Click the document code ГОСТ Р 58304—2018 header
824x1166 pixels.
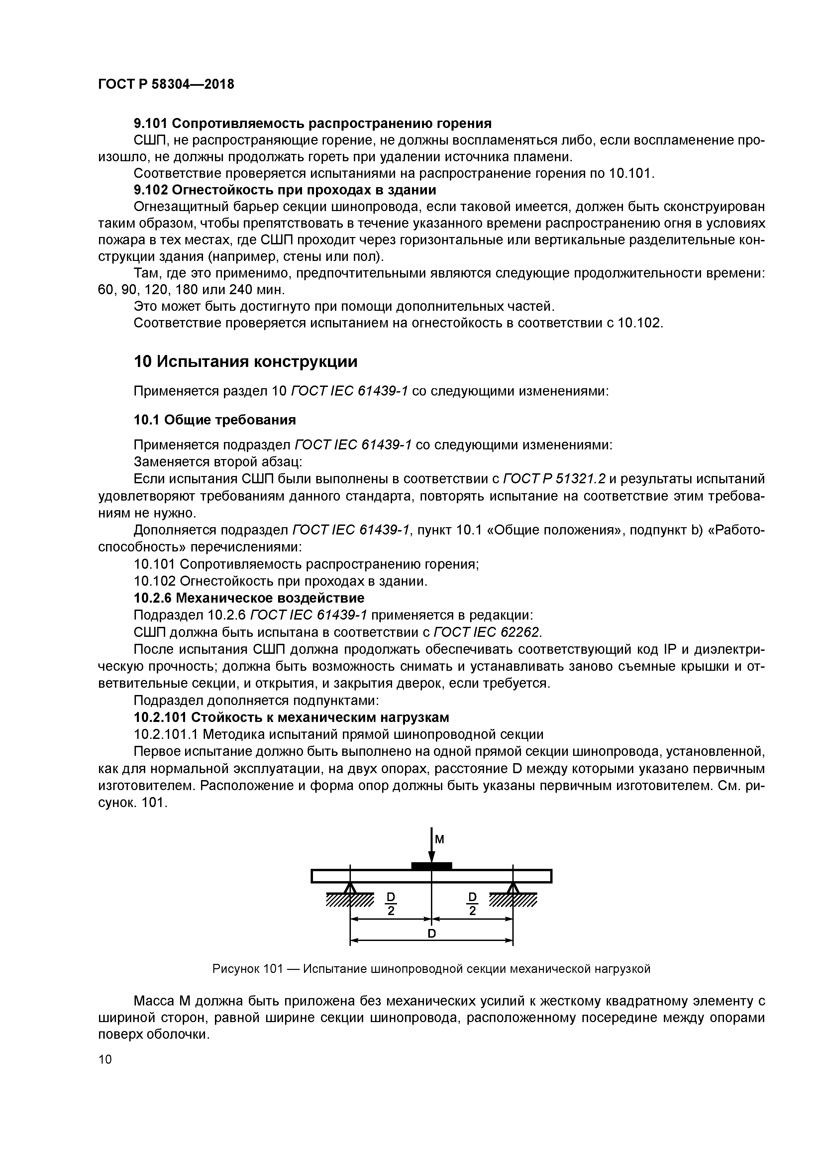[166, 84]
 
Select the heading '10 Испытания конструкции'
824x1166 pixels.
[245, 362]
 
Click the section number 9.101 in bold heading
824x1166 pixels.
[151, 123]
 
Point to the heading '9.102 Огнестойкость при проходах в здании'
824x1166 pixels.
[285, 190]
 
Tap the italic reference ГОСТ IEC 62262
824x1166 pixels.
[487, 632]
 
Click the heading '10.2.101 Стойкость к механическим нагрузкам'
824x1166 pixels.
[291, 717]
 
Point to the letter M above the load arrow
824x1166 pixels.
[440, 840]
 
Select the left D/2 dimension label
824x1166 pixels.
[391, 904]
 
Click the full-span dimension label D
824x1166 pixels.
[432, 933]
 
